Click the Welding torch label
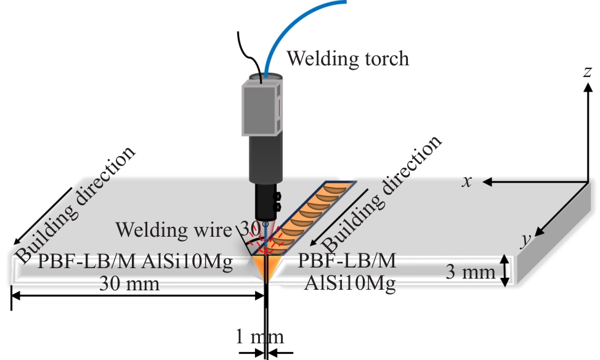pos(348,59)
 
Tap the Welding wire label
pos(174,230)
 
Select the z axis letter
pos(588,72)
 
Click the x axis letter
pos(466,181)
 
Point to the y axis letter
pos(527,240)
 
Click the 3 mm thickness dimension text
pos(471,272)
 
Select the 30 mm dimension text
pos(129,284)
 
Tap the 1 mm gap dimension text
pos(260,337)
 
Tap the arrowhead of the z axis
pos(588,88)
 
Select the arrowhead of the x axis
pos(487,182)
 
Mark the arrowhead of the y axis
pos(539,231)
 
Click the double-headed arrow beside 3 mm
pos(505,271)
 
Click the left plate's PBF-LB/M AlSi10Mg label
pos(136,261)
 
